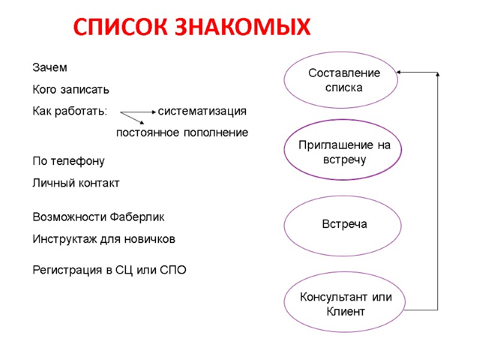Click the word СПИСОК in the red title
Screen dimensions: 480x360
(121, 27)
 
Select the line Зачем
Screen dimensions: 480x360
(50, 68)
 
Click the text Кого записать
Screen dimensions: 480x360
(70, 90)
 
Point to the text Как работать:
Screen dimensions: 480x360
(69, 112)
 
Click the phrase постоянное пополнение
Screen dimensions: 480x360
(182, 133)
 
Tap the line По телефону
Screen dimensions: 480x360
(68, 161)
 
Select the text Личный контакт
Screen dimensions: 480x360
(76, 183)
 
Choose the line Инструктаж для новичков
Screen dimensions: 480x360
(103, 239)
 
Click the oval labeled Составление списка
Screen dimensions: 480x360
(341, 80)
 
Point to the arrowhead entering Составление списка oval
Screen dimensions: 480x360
(401, 73)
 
